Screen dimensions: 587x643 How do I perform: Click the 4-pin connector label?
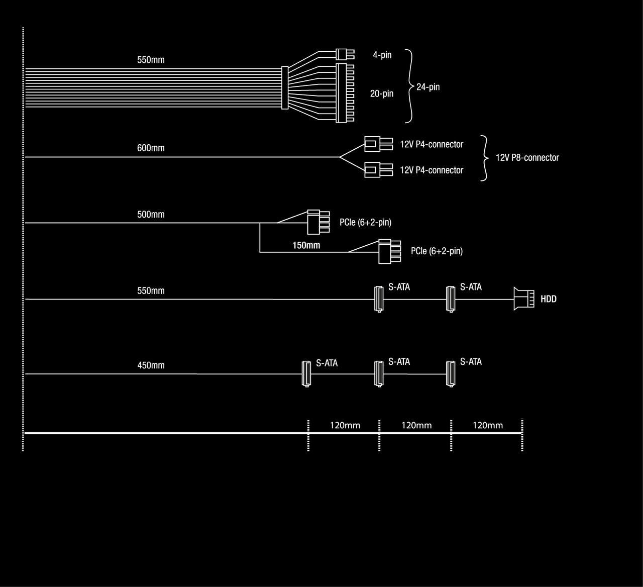click(382, 55)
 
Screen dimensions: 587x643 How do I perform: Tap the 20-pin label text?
click(382, 93)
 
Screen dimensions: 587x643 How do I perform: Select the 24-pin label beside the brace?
click(428, 87)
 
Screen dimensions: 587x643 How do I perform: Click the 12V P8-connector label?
click(527, 158)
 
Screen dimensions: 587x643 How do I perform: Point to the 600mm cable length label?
click(151, 148)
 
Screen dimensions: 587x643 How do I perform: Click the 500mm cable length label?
click(151, 215)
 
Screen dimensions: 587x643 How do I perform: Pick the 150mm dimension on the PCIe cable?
click(306, 245)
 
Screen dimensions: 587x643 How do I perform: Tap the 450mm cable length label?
click(151, 365)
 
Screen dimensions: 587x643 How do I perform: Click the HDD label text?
click(549, 299)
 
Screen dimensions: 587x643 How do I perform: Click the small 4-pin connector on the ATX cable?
click(344, 54)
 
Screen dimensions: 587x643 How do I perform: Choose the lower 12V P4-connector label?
click(432, 170)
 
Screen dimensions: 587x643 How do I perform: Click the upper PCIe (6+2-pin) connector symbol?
click(318, 222)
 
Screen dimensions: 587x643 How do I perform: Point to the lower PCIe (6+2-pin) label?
click(437, 251)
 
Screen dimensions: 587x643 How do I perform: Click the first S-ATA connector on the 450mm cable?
click(305, 373)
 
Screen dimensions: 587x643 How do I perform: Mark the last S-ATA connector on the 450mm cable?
click(451, 373)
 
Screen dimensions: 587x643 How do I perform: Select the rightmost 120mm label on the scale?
click(487, 426)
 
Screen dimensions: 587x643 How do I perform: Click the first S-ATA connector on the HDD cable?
click(379, 299)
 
